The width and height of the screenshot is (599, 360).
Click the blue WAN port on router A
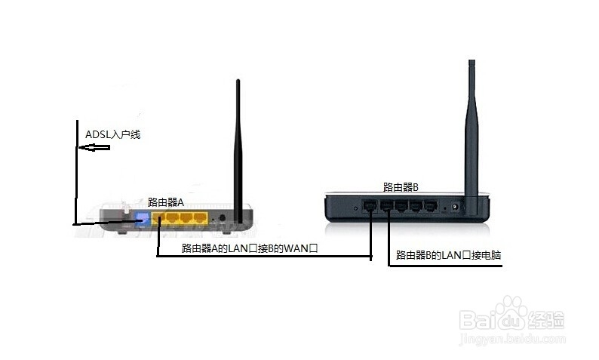141,218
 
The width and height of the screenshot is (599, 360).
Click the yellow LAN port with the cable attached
158,218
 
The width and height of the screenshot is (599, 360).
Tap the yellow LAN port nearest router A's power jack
200,218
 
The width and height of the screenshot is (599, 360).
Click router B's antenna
472,137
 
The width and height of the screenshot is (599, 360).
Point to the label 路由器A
166,202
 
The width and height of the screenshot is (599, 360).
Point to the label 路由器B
401,187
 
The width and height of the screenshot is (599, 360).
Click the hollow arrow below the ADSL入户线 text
94,147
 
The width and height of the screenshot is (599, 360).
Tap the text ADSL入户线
112,134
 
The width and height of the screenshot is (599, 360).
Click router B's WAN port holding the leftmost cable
370,206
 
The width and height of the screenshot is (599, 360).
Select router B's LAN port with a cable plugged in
386,206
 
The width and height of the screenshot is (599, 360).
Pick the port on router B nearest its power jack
431,206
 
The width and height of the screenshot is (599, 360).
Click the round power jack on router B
455,207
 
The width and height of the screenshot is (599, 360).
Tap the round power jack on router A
222,219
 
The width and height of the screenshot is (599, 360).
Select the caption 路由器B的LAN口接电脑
448,255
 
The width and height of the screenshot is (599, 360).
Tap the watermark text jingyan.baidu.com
512,340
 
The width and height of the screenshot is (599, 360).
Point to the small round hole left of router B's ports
355,208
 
